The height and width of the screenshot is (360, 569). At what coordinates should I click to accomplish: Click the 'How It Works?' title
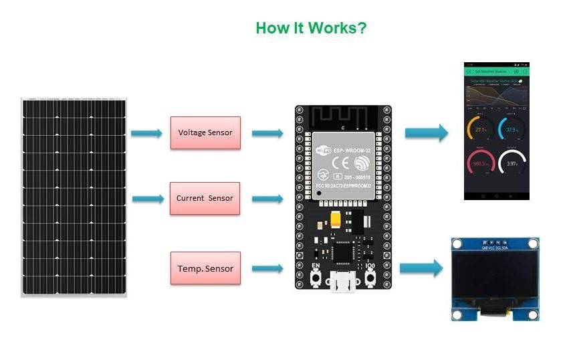pyautogui.click(x=311, y=29)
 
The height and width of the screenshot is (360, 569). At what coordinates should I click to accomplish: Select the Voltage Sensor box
pyautogui.click(x=205, y=132)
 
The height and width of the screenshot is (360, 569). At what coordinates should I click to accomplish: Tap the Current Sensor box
pyautogui.click(x=205, y=198)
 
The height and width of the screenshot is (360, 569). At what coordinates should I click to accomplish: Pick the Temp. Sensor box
pyautogui.click(x=205, y=268)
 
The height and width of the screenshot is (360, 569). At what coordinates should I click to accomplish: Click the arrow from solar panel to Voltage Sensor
pyautogui.click(x=146, y=133)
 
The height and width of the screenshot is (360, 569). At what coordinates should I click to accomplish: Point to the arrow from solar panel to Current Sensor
pyautogui.click(x=148, y=199)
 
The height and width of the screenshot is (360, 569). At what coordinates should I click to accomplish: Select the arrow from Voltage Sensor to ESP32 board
pyautogui.click(x=267, y=133)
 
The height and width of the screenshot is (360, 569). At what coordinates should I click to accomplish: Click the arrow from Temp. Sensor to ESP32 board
pyautogui.click(x=267, y=269)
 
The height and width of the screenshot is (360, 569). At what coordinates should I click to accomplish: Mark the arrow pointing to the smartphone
pyautogui.click(x=426, y=132)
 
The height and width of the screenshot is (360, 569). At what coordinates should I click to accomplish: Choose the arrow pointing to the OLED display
pyautogui.click(x=421, y=268)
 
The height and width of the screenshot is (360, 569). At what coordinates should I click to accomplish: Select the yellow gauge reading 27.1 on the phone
pyautogui.click(x=481, y=129)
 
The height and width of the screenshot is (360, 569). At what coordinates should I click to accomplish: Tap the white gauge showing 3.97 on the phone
pyautogui.click(x=513, y=163)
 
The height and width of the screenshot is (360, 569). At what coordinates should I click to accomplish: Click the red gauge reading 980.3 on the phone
pyautogui.click(x=481, y=163)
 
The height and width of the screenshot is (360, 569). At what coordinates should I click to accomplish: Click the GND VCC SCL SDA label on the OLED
pyautogui.click(x=495, y=247)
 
